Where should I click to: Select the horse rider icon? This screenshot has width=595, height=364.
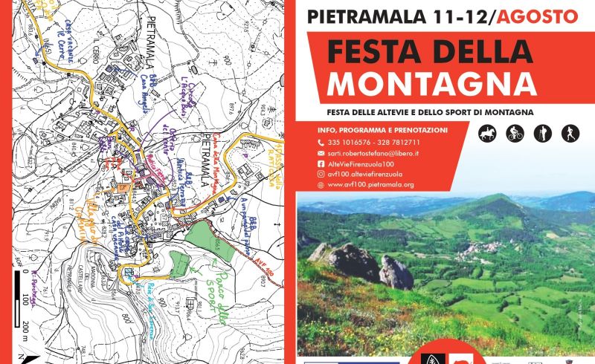click(x=486, y=134)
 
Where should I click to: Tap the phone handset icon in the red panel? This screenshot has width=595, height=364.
click(x=321, y=143)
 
